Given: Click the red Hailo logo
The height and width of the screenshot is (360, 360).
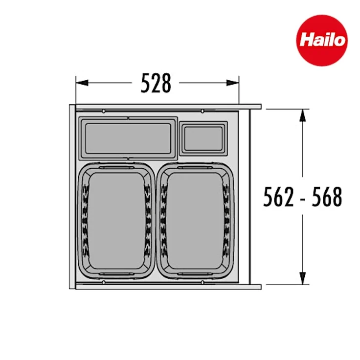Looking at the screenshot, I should [322, 40].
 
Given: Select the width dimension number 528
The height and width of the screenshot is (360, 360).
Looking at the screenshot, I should [156, 83].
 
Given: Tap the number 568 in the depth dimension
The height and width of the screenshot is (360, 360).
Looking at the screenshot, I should [327, 197].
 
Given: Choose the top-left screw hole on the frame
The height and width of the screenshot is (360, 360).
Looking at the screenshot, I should [105, 111].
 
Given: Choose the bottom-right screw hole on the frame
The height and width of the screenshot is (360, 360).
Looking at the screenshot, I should [202, 283].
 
